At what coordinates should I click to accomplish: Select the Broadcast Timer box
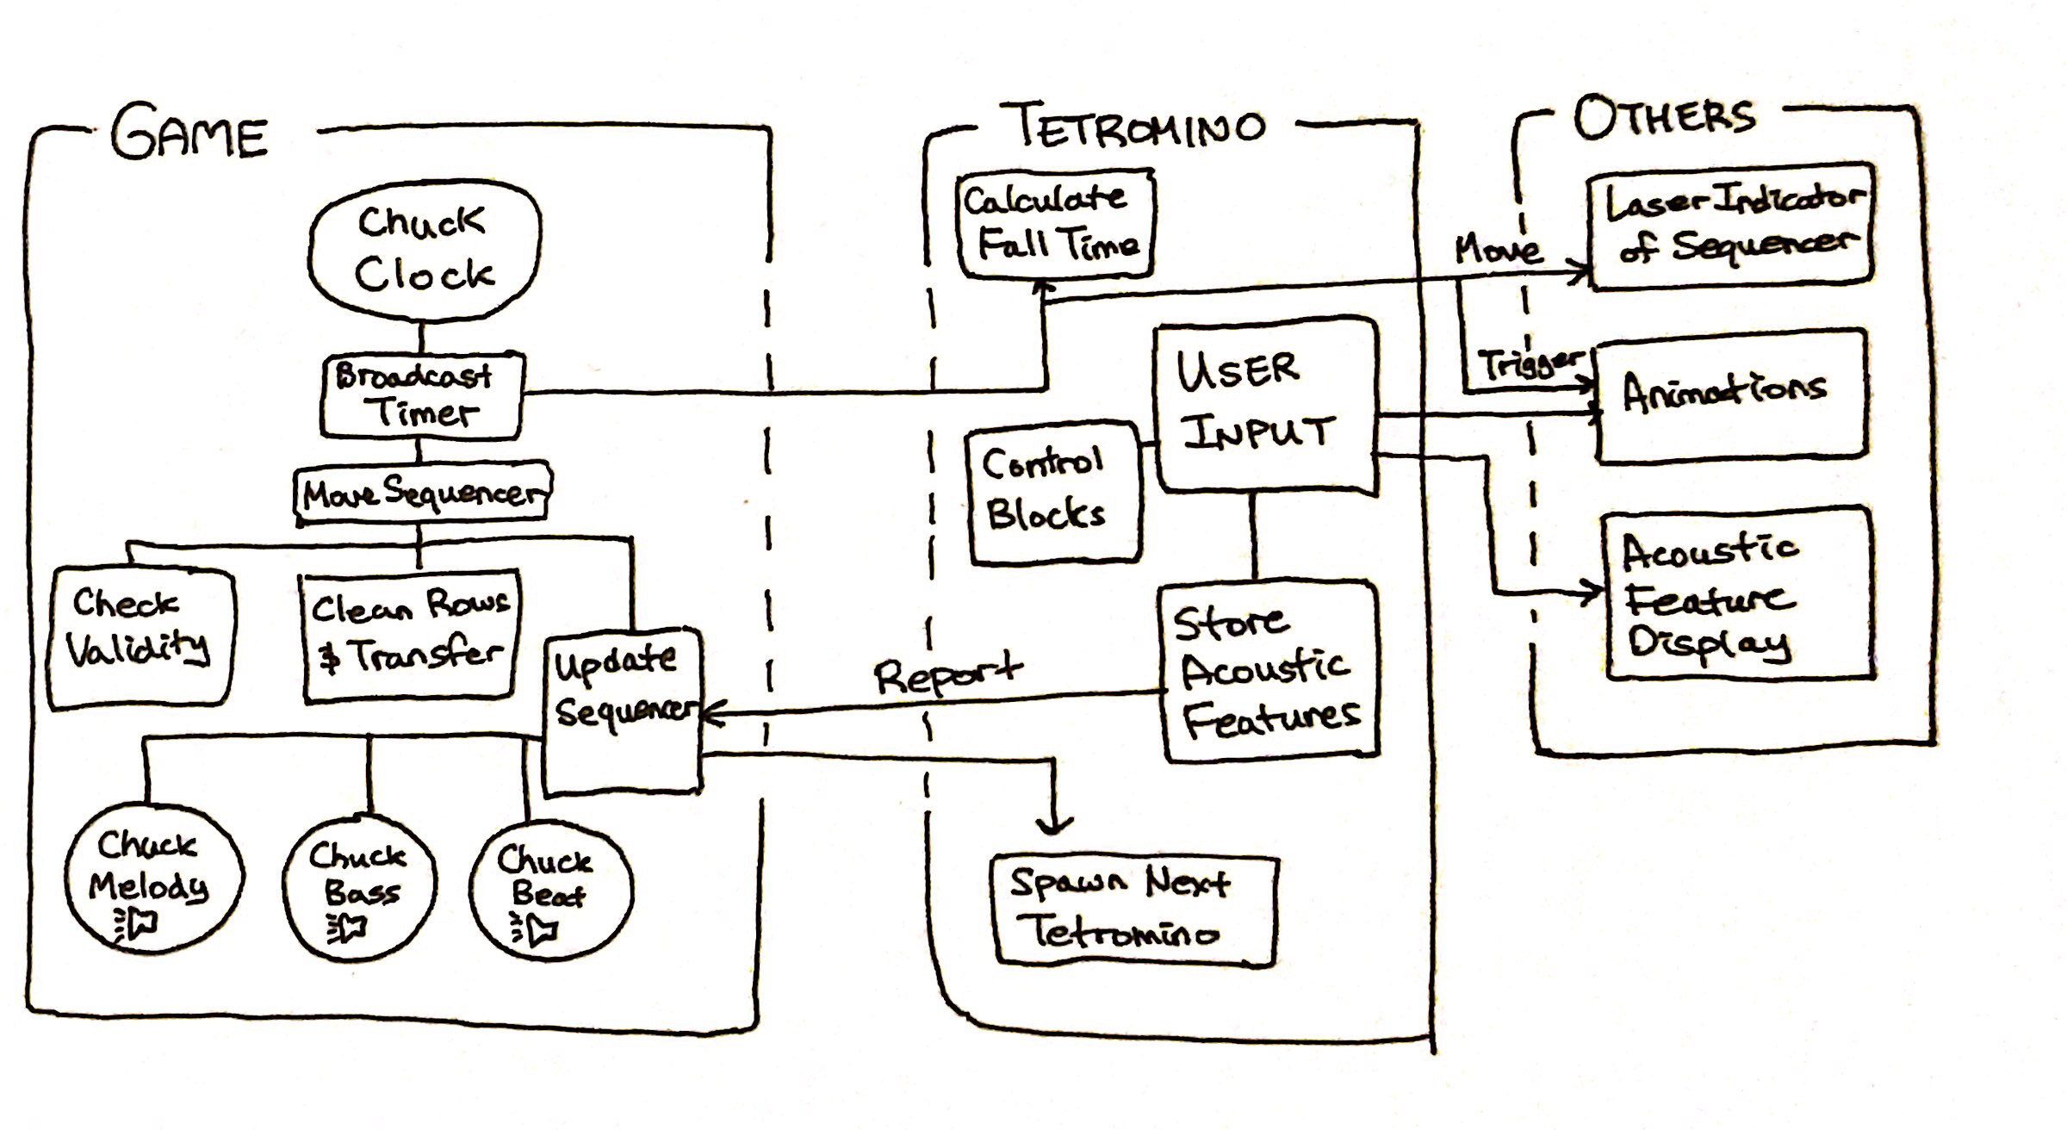(x=421, y=395)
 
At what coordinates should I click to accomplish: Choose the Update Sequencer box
(x=623, y=711)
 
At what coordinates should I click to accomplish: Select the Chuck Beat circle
(x=550, y=891)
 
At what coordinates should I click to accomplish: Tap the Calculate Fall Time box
(x=1056, y=224)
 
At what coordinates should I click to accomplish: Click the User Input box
(x=1263, y=407)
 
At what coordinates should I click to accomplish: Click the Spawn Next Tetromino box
(x=1132, y=909)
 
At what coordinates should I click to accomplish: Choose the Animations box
(x=1729, y=394)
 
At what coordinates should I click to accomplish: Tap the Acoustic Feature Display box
(x=1735, y=594)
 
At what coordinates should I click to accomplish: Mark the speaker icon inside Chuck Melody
(x=138, y=924)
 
